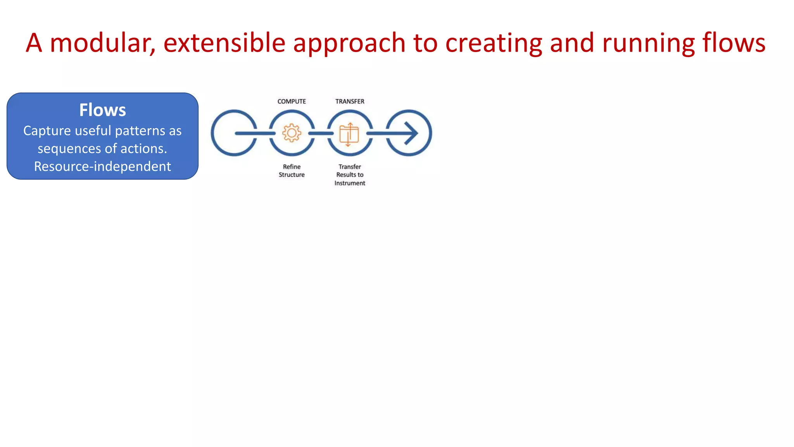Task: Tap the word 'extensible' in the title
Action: (224, 43)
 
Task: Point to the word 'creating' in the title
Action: (494, 43)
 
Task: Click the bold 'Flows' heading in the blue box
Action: (102, 110)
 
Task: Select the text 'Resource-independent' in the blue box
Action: (102, 166)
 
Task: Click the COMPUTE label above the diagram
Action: (292, 101)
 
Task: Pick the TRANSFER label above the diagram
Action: (350, 101)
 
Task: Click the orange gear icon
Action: (292, 133)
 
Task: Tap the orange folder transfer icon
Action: (349, 134)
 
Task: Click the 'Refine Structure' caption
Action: (292, 171)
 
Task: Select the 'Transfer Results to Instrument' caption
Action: (350, 175)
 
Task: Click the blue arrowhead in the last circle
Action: (412, 133)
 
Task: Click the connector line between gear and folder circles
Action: (321, 133)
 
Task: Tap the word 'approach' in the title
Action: (349, 43)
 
